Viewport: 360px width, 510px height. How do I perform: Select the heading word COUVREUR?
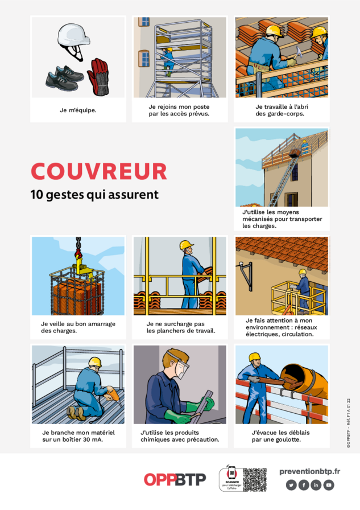[99, 171]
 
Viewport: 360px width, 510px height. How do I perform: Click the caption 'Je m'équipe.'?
[78, 110]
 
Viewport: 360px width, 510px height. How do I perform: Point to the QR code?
[255, 480]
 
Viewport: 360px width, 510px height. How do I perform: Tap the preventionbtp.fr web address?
[309, 471]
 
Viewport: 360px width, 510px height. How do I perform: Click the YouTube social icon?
[329, 485]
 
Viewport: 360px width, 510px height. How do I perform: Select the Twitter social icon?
[291, 485]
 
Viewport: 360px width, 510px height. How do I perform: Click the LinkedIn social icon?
[316, 485]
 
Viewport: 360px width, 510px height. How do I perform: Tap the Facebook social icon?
[304, 485]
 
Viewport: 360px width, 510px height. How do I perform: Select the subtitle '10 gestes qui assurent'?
[94, 195]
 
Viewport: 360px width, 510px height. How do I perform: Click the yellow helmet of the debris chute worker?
[254, 357]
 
